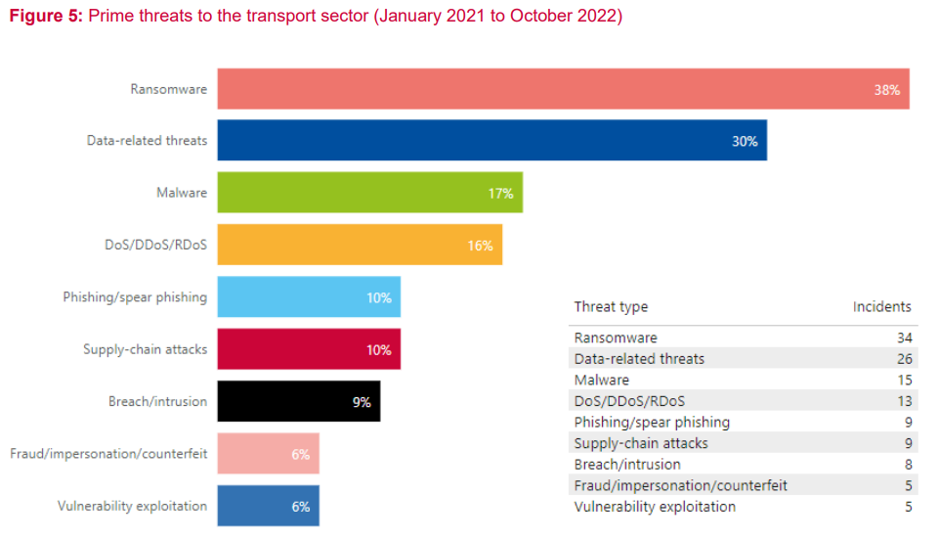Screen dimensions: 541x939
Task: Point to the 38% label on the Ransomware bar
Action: pos(886,89)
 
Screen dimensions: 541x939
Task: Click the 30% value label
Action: pos(745,141)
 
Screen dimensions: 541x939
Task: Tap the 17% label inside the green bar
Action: pos(500,193)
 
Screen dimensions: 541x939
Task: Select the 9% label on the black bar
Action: pos(362,401)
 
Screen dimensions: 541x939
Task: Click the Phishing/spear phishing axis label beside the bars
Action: pos(135,297)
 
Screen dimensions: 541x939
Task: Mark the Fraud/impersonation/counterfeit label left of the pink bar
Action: pos(108,454)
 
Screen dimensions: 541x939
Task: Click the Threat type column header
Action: pos(611,306)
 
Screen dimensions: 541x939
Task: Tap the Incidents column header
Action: pos(881,306)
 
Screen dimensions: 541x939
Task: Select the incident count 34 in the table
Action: pos(904,338)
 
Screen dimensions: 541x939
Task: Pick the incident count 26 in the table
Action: pos(904,359)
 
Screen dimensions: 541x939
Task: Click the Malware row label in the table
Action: pos(602,380)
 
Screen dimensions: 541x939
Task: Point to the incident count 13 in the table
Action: pos(904,401)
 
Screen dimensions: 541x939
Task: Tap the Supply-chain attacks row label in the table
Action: pos(641,443)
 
